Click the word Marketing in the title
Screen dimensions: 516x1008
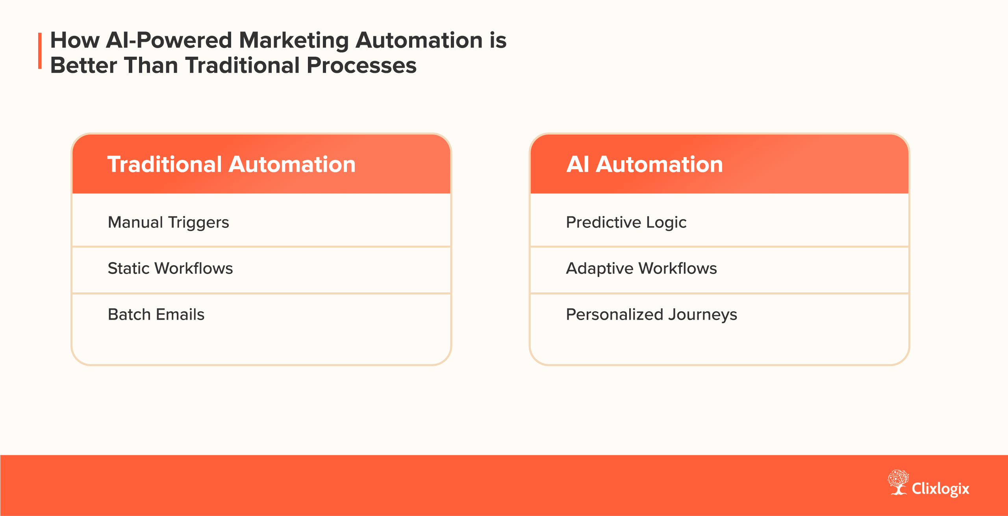coord(293,41)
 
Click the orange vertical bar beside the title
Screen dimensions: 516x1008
coord(40,51)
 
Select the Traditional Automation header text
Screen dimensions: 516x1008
coord(231,164)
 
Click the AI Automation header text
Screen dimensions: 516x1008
coord(644,164)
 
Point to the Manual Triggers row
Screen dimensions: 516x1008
coord(168,222)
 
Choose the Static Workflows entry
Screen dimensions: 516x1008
coord(170,268)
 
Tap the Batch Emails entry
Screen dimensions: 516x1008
coord(156,314)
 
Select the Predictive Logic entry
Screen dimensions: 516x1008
coord(626,222)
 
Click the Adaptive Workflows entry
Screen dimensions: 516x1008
coord(641,268)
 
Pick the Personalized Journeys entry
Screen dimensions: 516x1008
coord(651,314)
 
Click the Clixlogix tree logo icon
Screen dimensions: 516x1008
coord(898,482)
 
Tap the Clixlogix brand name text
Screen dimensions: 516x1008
coord(940,489)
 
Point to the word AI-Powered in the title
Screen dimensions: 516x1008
coord(169,41)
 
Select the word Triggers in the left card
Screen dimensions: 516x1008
coord(198,223)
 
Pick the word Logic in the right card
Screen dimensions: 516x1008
coord(666,223)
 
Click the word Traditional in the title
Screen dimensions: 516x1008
coord(243,65)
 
